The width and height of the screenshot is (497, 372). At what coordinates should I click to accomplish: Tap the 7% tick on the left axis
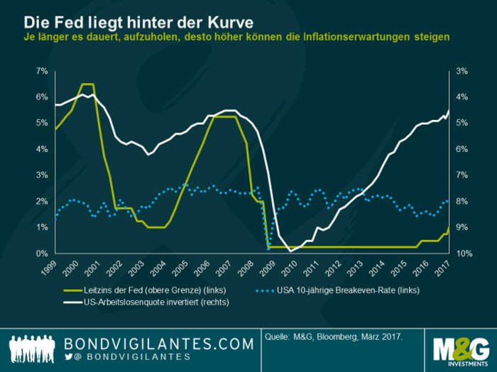click(41, 71)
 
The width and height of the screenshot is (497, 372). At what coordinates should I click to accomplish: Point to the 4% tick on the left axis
click(41, 149)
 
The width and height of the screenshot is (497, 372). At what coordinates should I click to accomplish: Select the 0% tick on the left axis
click(41, 253)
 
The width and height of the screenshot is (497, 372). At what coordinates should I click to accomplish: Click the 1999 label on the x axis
click(49, 268)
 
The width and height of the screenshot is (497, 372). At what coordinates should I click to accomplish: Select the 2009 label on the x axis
click(269, 268)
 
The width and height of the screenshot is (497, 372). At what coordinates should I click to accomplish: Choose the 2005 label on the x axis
click(181, 268)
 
